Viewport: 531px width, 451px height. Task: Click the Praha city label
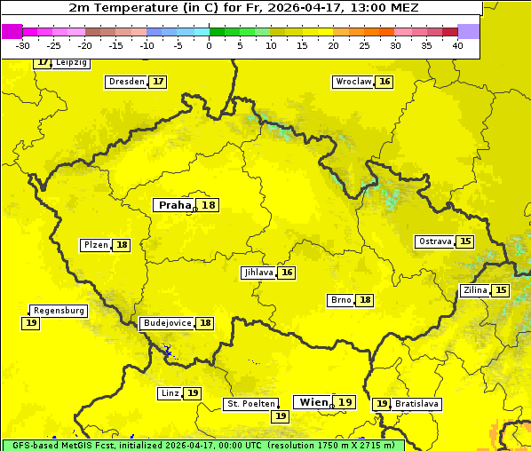pyautogui.click(x=174, y=205)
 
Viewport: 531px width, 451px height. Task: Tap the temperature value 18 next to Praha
pyautogui.click(x=209, y=205)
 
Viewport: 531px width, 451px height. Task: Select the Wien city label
pyautogui.click(x=313, y=402)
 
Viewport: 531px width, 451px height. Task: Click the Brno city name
pyautogui.click(x=340, y=300)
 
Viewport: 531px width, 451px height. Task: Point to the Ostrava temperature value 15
pyautogui.click(x=465, y=241)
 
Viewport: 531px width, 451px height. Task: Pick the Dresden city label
pyautogui.click(x=126, y=82)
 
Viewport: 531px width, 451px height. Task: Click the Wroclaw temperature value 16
pyautogui.click(x=384, y=82)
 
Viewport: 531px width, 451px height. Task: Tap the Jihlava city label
pyautogui.click(x=258, y=273)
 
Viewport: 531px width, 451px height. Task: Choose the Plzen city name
pyautogui.click(x=95, y=245)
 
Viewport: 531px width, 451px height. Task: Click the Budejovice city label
pyautogui.click(x=166, y=323)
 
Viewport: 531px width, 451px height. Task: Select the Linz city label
pyautogui.click(x=170, y=393)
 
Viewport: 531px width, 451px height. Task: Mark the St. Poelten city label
pyautogui.click(x=251, y=404)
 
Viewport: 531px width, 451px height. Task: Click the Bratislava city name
pyautogui.click(x=417, y=404)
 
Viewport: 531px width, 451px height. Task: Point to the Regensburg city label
pyautogui.click(x=59, y=311)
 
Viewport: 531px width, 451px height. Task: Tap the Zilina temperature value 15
pyautogui.click(x=501, y=290)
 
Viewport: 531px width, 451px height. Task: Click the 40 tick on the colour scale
pyautogui.click(x=456, y=44)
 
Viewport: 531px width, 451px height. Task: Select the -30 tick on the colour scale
pyautogui.click(x=23, y=44)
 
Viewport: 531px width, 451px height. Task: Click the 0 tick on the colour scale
pyautogui.click(x=209, y=44)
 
